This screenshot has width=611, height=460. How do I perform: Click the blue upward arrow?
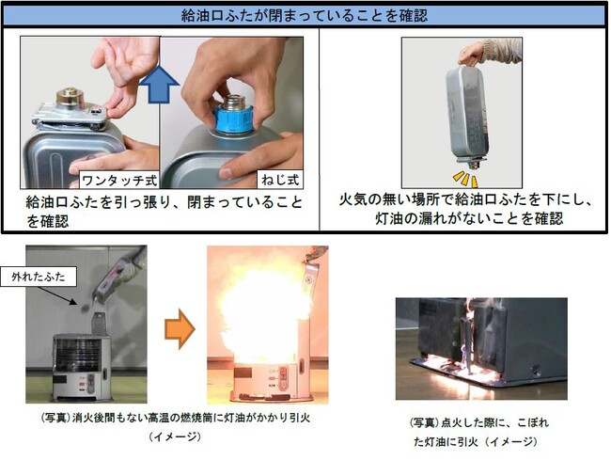[160, 84]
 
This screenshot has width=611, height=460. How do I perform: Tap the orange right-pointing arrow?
[180, 328]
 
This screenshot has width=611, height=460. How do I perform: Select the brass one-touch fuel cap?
[71, 97]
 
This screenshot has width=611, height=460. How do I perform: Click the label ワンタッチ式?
[119, 181]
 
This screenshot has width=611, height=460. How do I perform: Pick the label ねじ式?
[280, 180]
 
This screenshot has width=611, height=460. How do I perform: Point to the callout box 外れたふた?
[39, 278]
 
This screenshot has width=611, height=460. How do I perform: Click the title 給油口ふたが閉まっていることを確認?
[305, 16]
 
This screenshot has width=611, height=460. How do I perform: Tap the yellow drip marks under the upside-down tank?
[465, 180]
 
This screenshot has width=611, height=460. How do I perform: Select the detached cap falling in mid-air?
[85, 308]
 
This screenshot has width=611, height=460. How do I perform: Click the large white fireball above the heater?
[265, 312]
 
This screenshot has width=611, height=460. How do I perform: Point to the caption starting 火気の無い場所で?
[466, 209]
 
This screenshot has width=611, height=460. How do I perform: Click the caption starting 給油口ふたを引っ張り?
[164, 212]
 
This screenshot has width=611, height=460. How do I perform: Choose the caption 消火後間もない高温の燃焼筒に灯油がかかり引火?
[176, 418]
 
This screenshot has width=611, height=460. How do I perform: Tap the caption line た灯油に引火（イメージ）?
[476, 442]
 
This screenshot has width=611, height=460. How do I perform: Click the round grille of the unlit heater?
[78, 356]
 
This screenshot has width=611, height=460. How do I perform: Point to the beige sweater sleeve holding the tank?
[502, 51]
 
